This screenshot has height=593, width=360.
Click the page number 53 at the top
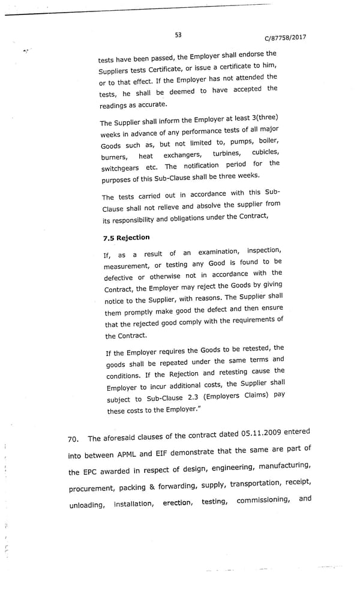[178, 35]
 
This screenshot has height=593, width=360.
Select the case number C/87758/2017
[285, 37]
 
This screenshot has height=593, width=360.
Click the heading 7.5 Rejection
[126, 238]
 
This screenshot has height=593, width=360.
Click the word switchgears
[120, 169]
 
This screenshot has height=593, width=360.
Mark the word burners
[114, 157]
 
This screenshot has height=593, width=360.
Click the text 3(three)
[263, 118]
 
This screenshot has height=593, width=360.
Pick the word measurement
[127, 265]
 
